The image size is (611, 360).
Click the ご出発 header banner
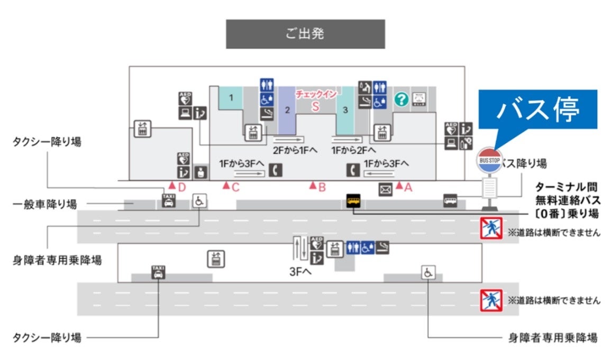(x=305, y=34)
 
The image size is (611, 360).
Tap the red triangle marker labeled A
(x=399, y=186)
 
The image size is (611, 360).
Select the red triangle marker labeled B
(x=313, y=186)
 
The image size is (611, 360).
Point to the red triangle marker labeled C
(x=226, y=186)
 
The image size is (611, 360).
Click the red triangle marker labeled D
(x=172, y=186)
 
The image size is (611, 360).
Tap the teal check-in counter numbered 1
(x=231, y=98)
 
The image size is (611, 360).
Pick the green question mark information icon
(x=402, y=99)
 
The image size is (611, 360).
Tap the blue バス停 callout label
(x=538, y=111)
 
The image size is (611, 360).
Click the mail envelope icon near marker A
(x=385, y=189)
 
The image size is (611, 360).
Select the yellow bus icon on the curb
(x=353, y=201)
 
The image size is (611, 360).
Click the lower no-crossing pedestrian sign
(x=491, y=300)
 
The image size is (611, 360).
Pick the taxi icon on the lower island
(x=158, y=272)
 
